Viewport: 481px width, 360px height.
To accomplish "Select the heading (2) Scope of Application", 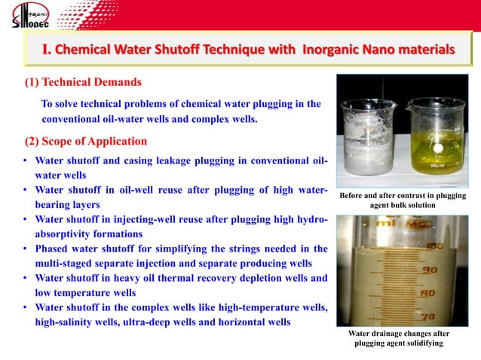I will pos(82,141).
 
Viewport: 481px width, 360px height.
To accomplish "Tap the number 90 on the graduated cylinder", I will pos(430,269).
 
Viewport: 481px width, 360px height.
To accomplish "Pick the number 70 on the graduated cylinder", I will pos(430,316).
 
